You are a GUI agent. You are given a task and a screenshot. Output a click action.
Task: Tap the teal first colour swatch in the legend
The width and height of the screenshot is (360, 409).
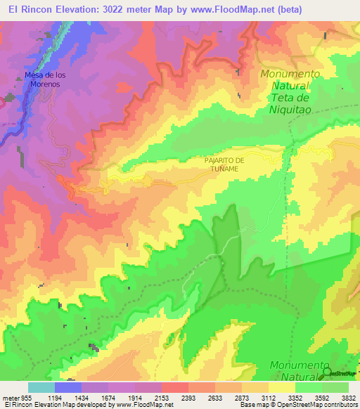41,387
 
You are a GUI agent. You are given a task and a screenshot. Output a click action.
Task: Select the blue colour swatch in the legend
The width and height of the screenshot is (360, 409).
68,387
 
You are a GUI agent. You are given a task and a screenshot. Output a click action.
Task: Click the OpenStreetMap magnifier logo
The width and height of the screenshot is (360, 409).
327,372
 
